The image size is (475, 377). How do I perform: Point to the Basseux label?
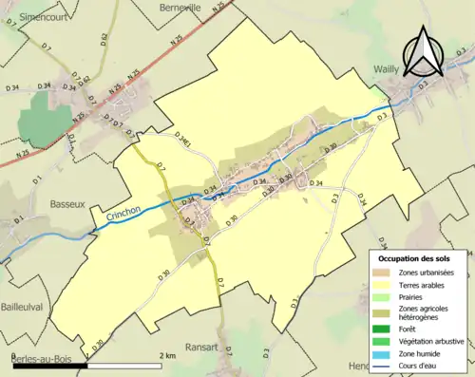point(67,203)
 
